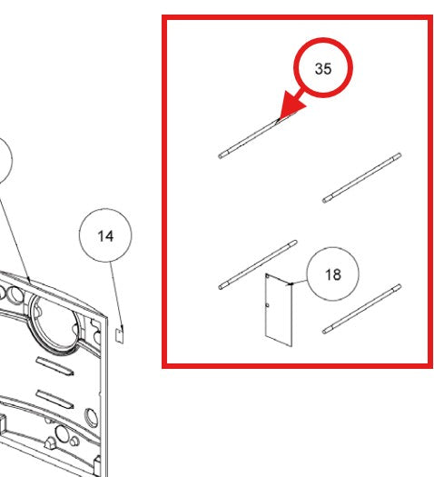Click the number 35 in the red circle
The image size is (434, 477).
(x=322, y=68)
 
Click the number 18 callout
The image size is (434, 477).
(x=333, y=273)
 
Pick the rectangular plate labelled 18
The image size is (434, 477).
(x=279, y=310)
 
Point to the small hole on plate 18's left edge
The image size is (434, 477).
(x=267, y=305)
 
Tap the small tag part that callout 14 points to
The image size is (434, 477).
(x=120, y=335)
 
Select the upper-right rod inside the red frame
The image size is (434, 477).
(x=361, y=178)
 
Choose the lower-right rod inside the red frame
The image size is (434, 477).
(x=361, y=309)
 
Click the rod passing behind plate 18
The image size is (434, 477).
(x=258, y=264)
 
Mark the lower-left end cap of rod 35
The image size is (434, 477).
(x=222, y=156)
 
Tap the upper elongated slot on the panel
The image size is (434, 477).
(x=54, y=365)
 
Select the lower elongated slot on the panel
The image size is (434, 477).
(x=54, y=399)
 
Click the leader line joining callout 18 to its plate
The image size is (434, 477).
(x=299, y=283)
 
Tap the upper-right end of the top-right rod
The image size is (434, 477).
(x=399, y=154)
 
